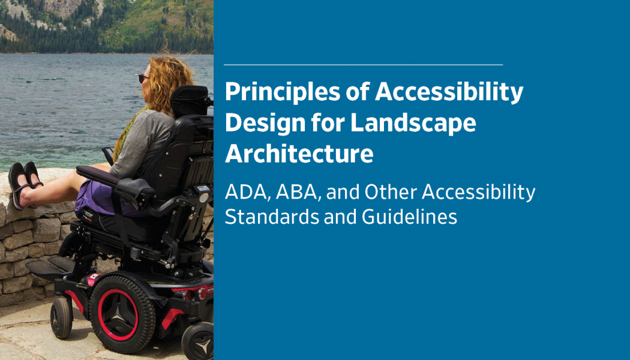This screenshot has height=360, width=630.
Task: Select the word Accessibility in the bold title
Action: coord(449,92)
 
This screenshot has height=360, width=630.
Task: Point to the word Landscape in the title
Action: coord(413,124)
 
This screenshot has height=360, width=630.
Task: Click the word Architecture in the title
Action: coord(299,154)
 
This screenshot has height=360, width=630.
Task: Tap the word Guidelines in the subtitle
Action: coord(409,217)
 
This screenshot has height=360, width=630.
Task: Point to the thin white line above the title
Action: coord(363,65)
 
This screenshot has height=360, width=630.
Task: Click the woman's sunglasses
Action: coord(143,79)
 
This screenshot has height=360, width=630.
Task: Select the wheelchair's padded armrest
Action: coord(115,179)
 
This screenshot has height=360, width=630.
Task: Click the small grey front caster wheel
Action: coord(61,317)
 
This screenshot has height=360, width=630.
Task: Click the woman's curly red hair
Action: coord(168,82)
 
